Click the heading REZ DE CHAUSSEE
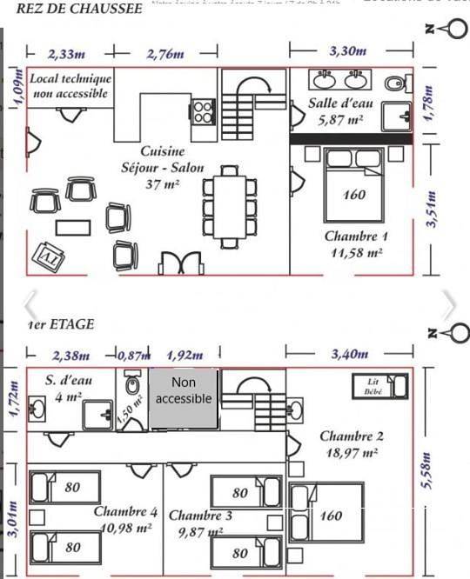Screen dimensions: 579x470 pyautogui.click(x=79, y=10)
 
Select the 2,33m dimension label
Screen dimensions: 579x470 pyautogui.click(x=66, y=54)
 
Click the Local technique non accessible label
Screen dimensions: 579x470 pyautogui.click(x=70, y=85)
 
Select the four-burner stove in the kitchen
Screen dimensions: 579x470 pyautogui.click(x=204, y=111)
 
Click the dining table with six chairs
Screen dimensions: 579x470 pyautogui.click(x=230, y=207)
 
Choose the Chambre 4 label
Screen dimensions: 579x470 pyautogui.click(x=126, y=519)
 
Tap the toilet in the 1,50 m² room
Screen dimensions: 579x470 pyautogui.click(x=133, y=383)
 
